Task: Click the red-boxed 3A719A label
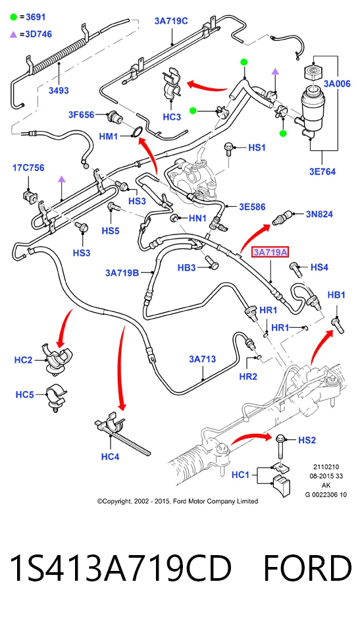point(270,252)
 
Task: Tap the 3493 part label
point(59,90)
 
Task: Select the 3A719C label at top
point(171,21)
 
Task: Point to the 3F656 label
point(82,115)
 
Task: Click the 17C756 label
point(28,168)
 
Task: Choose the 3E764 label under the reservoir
point(322,172)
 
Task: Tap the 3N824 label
point(319,214)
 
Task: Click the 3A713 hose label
point(202,359)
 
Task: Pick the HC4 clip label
point(110,456)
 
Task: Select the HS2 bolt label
point(307,440)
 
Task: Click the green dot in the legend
point(14,17)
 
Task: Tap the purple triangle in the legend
point(14,35)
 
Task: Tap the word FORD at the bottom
point(307,568)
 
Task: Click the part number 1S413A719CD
point(120,568)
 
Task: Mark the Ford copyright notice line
point(178,501)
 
